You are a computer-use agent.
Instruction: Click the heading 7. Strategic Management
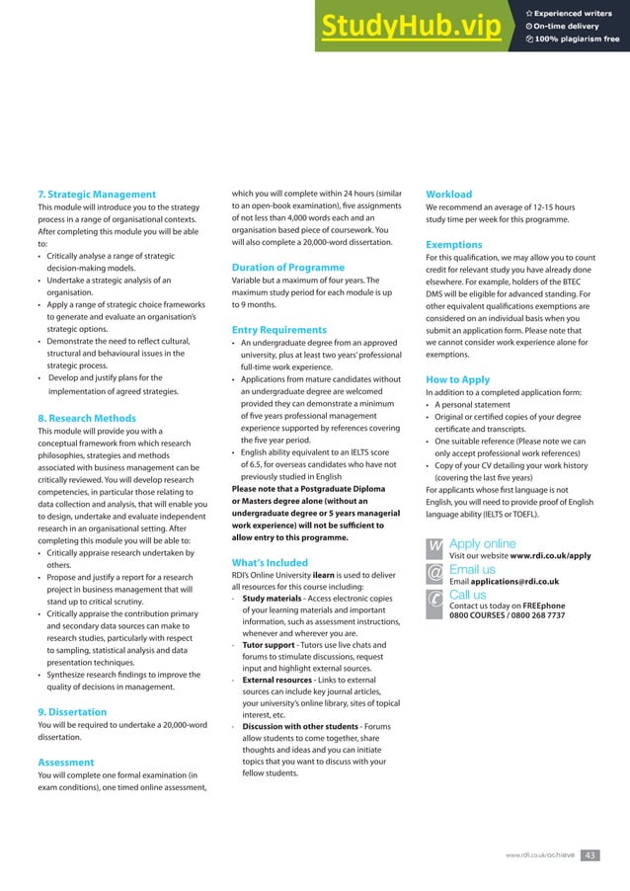tap(96, 194)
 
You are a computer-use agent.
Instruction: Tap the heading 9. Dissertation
tap(72, 711)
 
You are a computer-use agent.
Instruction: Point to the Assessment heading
tap(65, 762)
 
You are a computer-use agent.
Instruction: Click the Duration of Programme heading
tap(287, 268)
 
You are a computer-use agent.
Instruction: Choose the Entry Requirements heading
tap(278, 329)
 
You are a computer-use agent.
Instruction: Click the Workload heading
tap(448, 194)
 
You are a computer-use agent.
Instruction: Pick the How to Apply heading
tap(457, 379)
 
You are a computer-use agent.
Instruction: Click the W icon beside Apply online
tap(434, 546)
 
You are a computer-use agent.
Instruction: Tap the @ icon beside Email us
tap(434, 572)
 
